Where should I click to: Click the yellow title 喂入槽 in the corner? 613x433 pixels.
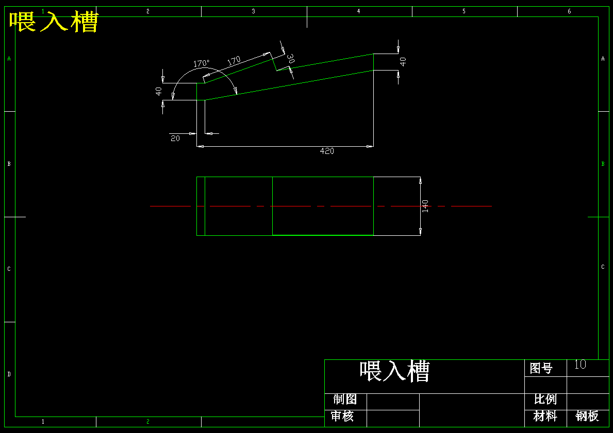point(54,22)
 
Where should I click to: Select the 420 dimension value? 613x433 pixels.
point(327,151)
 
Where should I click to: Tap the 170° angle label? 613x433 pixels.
point(202,63)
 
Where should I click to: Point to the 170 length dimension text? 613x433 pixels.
point(234,61)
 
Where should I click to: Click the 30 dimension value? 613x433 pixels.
point(290,59)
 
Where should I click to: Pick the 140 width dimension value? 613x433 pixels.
point(425,206)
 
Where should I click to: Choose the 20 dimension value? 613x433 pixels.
point(175,138)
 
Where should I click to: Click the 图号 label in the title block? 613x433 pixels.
point(541,368)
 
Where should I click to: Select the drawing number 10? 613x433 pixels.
point(580,365)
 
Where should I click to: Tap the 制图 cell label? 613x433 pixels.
point(345,399)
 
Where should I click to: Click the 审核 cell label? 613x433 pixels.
point(342,416)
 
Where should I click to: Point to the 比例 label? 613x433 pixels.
point(545,399)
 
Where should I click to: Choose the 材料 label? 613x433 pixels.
point(545,416)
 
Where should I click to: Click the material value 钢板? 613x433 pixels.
point(587,416)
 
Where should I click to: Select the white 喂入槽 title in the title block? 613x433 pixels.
point(394,371)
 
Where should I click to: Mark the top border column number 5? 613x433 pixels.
point(464,11)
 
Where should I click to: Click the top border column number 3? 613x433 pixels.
point(253,11)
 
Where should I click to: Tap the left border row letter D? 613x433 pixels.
point(9,374)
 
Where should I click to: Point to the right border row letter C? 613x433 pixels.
point(603,267)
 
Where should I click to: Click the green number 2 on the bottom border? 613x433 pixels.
point(148,422)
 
